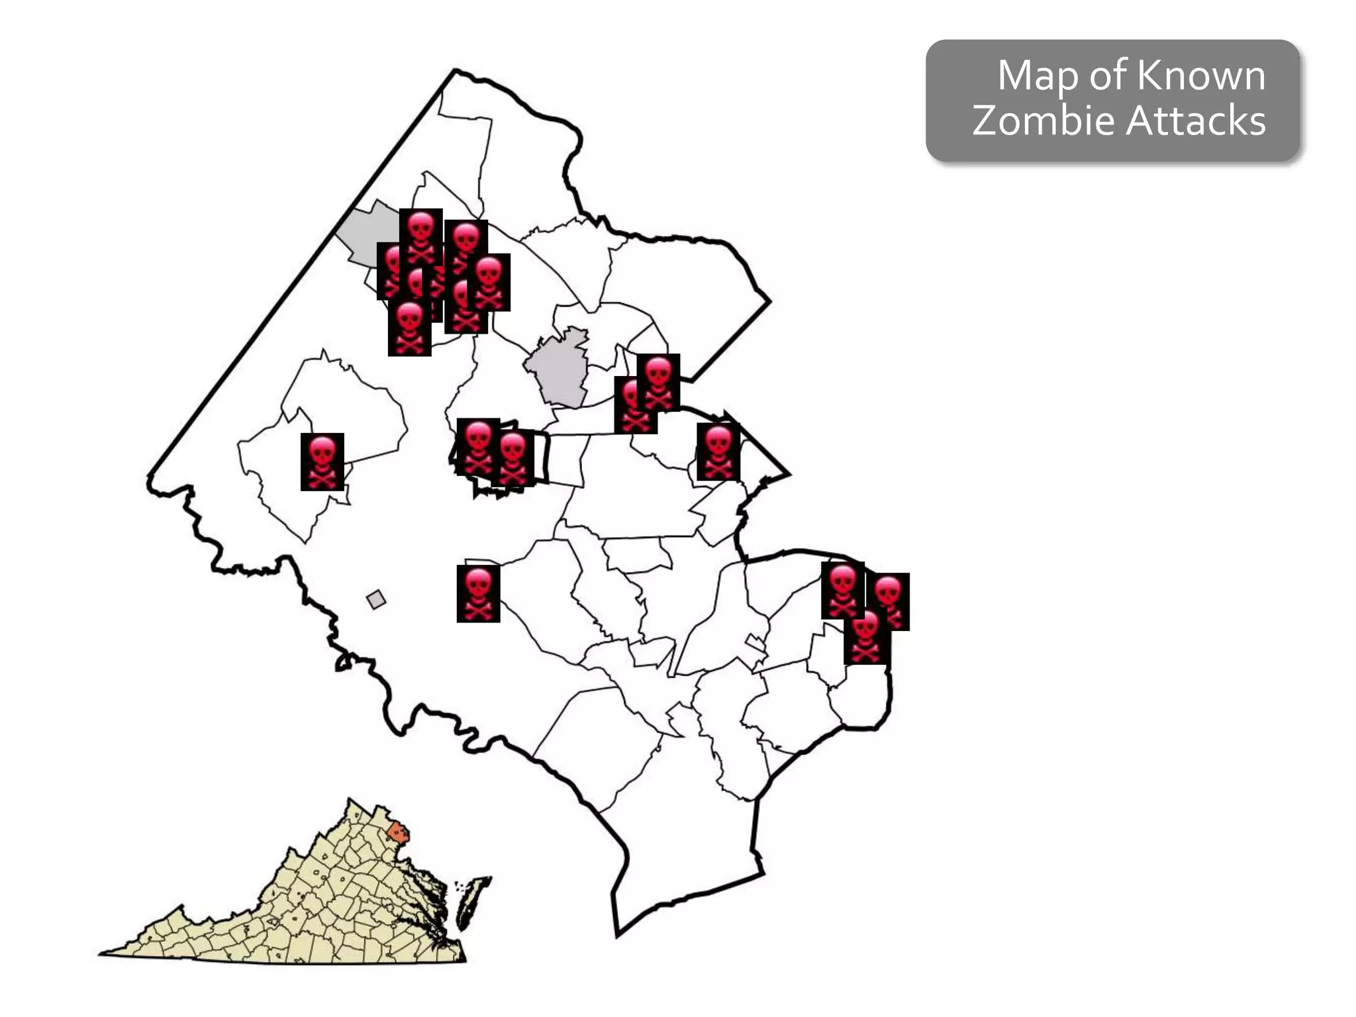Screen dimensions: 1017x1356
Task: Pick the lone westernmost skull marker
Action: click(322, 461)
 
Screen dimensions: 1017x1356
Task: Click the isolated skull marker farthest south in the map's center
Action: click(478, 593)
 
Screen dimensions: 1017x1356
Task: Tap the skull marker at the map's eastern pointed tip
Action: click(718, 452)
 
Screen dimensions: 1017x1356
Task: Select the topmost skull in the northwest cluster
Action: click(420, 236)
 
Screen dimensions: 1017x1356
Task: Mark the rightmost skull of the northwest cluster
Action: click(489, 282)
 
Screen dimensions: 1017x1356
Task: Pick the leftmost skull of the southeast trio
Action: click(842, 590)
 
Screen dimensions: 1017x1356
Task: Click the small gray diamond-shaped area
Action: click(376, 599)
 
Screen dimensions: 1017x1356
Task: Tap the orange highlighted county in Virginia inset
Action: click(398, 832)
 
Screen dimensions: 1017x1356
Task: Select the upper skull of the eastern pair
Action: click(659, 381)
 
